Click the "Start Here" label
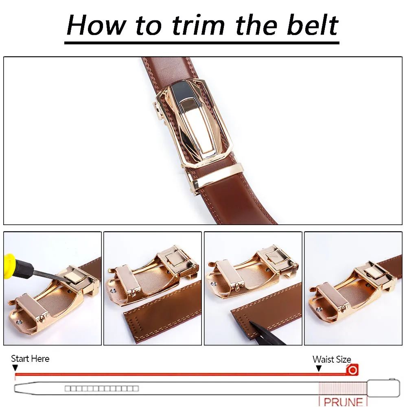pos(30,359)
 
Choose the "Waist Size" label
pos(332,359)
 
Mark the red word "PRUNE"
pos(343,401)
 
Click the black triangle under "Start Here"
pos(15,368)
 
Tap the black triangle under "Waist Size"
pos(319,368)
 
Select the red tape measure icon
pos(352,370)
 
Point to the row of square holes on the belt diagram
pos(102,388)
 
